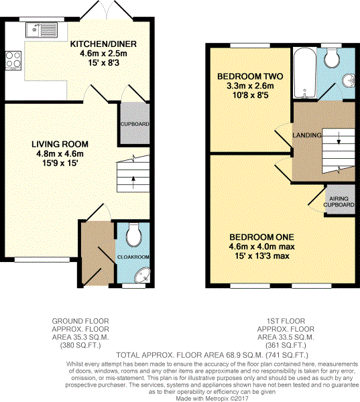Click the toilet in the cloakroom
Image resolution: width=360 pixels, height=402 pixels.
point(133,234)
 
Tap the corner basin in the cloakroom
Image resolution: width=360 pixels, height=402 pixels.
point(143,274)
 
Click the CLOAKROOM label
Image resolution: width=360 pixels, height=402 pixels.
point(135,257)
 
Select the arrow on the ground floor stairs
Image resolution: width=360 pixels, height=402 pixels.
point(133,178)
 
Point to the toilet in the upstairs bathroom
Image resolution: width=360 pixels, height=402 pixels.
point(331,58)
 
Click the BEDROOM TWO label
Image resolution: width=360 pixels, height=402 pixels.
point(245,76)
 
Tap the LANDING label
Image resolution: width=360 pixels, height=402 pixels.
point(306,135)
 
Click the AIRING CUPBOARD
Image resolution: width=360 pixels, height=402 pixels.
point(339,201)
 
